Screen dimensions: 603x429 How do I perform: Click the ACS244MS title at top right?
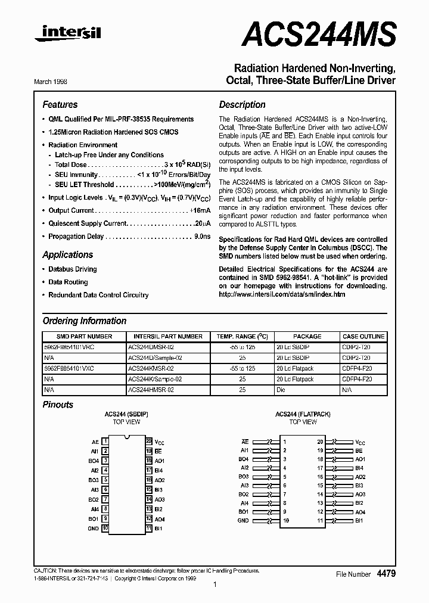319,34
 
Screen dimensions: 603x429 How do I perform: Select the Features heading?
60,104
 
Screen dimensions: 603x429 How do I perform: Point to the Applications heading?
67,254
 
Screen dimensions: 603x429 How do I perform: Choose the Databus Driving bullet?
72,269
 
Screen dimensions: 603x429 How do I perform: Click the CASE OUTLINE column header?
364,336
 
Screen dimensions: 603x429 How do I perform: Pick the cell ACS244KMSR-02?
151,369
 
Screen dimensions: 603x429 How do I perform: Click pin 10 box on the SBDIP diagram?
105,528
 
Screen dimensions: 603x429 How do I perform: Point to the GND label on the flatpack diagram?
243,520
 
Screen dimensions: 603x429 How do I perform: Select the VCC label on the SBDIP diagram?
159,442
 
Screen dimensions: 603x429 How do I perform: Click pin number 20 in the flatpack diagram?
320,442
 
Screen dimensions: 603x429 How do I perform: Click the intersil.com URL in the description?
282,294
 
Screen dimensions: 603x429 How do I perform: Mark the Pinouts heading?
58,405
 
